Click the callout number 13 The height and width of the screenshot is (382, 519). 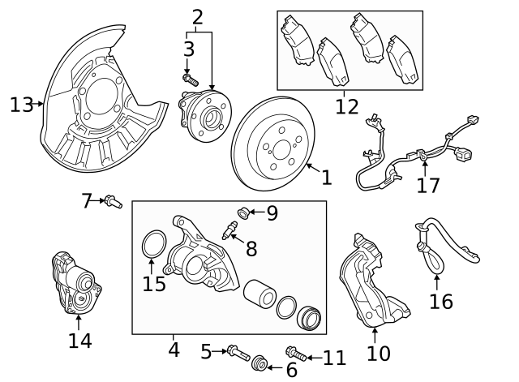point(21,105)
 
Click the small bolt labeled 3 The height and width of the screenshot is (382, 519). point(191,80)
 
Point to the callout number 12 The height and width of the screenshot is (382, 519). point(346,105)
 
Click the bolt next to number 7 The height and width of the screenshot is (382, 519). point(113,200)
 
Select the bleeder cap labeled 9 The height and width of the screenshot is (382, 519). point(241,213)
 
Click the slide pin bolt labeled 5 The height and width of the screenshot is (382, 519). point(235,353)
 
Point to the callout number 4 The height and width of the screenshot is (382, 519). point(174,351)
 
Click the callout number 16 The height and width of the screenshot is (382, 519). point(440,302)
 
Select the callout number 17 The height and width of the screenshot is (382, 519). point(427,185)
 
